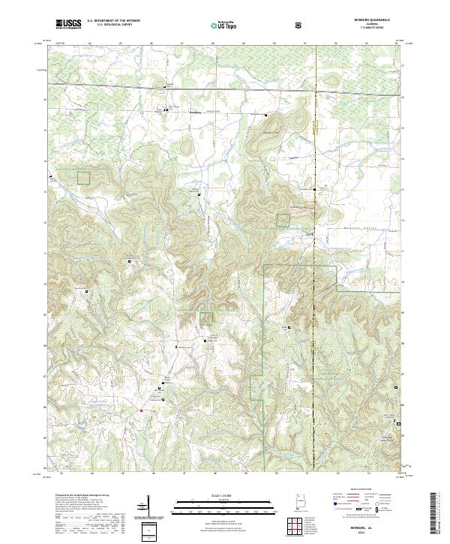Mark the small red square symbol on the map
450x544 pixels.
[142, 410]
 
